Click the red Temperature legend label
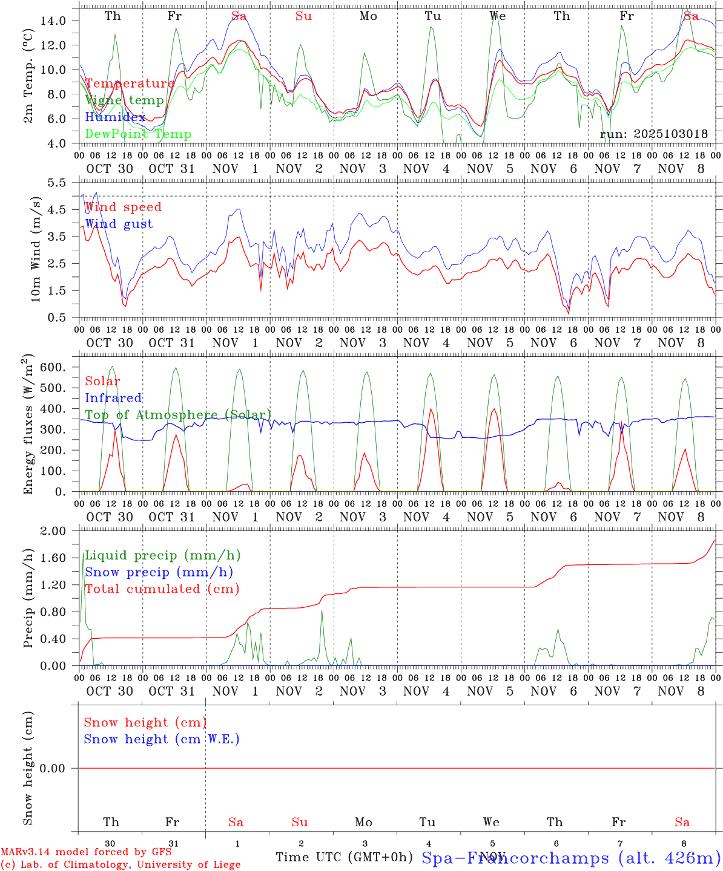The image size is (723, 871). coord(129,83)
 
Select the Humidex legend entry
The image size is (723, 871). coord(115,117)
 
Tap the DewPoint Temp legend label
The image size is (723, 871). coord(138,134)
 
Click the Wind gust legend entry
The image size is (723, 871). coord(119,224)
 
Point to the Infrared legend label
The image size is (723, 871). coord(113,398)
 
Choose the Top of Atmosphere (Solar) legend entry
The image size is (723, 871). coord(178,415)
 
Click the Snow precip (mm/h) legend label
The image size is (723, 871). coord(159,572)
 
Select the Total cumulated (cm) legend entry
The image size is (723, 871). coord(162,589)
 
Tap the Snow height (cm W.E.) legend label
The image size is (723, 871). coord(162,739)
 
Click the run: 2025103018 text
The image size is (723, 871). coord(653,134)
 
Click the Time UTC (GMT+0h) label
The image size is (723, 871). coord(344,857)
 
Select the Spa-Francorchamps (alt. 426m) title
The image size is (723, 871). coord(571,858)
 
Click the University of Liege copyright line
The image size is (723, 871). coord(120,865)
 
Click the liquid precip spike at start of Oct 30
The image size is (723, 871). coord(83,555)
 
